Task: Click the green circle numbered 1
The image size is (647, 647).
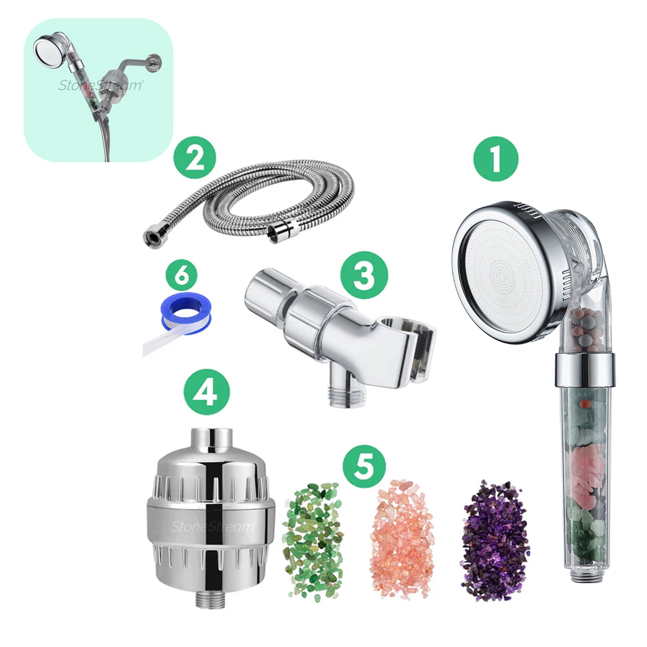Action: click(x=496, y=158)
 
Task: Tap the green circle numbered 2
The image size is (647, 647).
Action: click(x=195, y=157)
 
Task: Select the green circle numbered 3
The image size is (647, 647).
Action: click(x=364, y=275)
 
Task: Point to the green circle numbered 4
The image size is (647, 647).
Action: click(x=206, y=392)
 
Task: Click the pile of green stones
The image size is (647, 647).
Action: click(x=313, y=541)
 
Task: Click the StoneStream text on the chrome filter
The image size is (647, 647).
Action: click(x=212, y=526)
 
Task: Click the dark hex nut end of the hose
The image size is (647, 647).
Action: click(x=152, y=236)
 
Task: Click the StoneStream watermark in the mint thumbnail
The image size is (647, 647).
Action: click(x=100, y=85)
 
